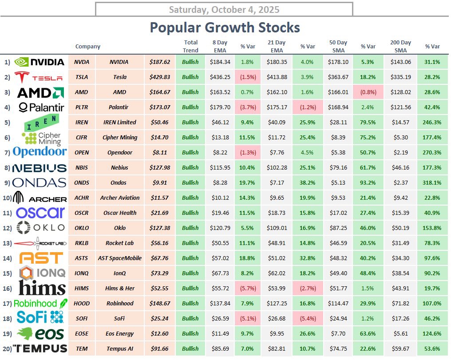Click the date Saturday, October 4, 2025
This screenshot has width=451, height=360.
point(224,9)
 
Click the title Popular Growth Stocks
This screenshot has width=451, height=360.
point(225,28)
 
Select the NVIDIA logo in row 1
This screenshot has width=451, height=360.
point(40,62)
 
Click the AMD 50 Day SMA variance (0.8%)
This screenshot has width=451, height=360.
point(368,92)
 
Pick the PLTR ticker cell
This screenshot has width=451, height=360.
point(82,107)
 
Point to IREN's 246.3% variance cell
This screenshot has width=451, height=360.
point(432,122)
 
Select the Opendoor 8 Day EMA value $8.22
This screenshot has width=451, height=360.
point(220,152)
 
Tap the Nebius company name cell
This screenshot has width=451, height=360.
point(119,167)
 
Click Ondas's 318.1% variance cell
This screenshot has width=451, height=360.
point(432,182)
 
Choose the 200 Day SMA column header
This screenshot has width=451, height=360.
point(400,46)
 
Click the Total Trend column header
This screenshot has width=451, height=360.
point(190,46)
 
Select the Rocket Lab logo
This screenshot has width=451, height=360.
point(40,243)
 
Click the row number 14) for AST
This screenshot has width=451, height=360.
point(7,258)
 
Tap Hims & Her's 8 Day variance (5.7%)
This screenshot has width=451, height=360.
point(247,288)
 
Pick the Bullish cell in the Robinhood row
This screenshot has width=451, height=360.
point(190,303)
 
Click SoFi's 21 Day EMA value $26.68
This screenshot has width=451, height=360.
point(278,318)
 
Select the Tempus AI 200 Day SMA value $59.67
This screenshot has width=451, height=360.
point(400,348)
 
